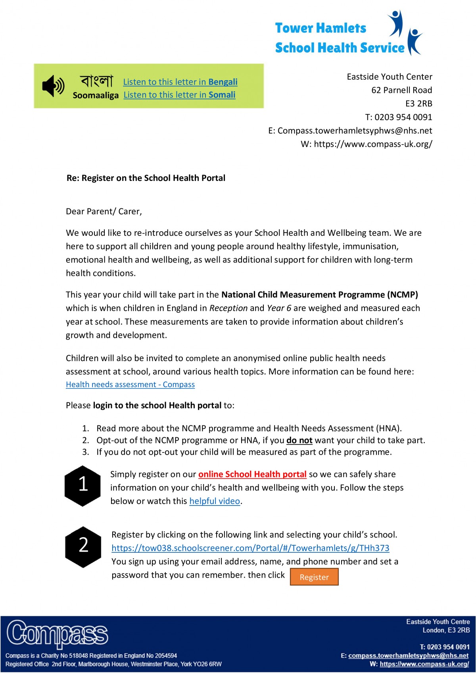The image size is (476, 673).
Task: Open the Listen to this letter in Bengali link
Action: click(180, 82)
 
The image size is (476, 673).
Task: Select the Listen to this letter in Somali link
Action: click(179, 95)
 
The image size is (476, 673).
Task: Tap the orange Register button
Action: click(314, 577)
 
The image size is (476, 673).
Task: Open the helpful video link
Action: click(215, 501)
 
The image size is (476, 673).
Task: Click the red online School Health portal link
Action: click(252, 474)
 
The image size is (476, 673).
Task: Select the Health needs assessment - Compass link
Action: click(130, 385)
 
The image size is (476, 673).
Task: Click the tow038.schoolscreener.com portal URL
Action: click(250, 548)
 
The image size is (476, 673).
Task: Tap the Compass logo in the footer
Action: click(58, 634)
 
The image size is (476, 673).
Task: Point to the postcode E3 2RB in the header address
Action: click(418, 104)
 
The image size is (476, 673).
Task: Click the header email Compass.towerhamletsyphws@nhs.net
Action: click(355, 131)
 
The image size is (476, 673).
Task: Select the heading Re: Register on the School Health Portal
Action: click(146, 178)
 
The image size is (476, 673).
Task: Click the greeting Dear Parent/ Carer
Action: click(104, 212)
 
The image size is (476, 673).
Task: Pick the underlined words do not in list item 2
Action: click(299, 440)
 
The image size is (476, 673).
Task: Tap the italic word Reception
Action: click(228, 308)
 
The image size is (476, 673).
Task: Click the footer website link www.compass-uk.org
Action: click(424, 664)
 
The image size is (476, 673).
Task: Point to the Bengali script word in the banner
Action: click(96, 81)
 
